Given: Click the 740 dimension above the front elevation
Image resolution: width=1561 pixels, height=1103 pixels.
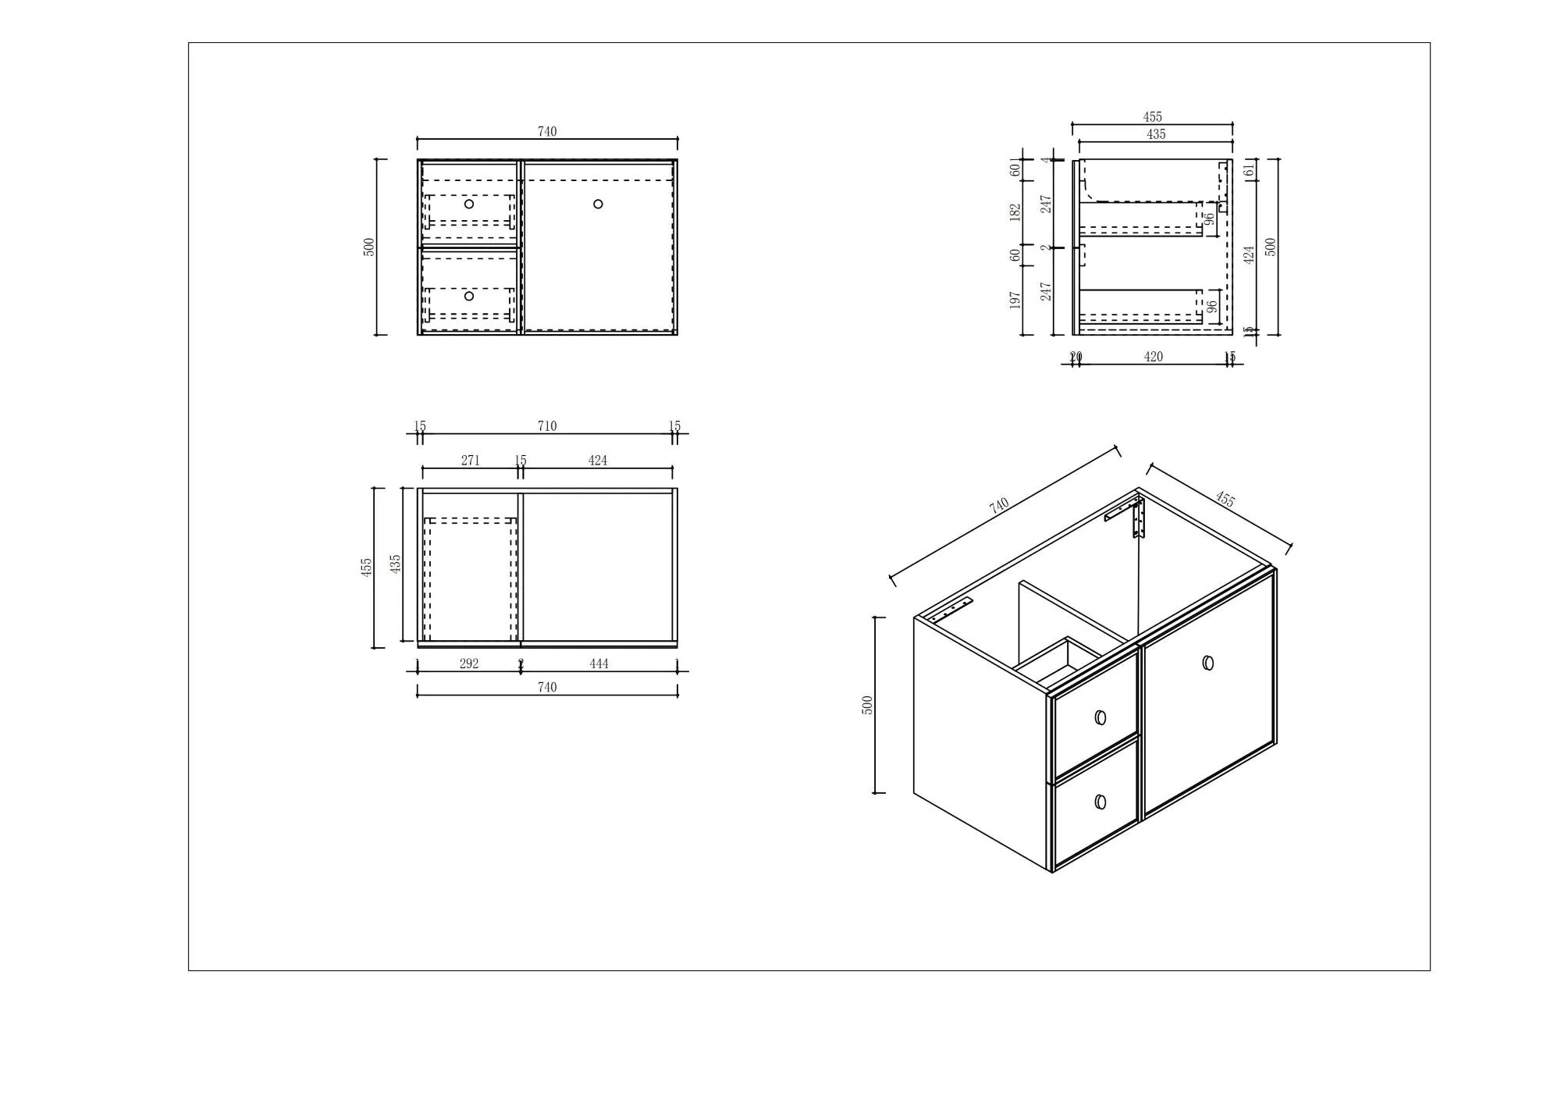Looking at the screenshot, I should click(x=547, y=131).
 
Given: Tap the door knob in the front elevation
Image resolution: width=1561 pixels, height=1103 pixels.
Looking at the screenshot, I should click(x=598, y=204).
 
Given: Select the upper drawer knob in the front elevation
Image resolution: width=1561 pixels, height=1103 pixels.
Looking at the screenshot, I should click(x=469, y=204).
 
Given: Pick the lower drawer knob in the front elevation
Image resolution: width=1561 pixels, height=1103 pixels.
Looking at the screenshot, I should click(x=469, y=296).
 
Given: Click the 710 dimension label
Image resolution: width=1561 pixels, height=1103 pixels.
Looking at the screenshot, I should click(x=547, y=425).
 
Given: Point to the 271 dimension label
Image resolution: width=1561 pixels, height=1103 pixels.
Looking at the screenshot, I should click(x=470, y=460).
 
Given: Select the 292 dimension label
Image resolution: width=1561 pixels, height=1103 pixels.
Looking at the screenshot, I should click(x=469, y=664).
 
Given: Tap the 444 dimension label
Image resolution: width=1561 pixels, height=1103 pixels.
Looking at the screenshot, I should click(x=599, y=664).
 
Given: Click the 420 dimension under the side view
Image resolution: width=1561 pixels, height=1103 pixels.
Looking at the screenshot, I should click(x=1153, y=357).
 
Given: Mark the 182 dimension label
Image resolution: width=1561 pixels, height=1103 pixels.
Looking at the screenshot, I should click(x=1015, y=212).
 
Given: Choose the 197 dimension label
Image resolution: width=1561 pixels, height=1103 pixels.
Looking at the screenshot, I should click(x=1015, y=300).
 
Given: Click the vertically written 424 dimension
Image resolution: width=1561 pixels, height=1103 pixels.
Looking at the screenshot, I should click(x=1249, y=254).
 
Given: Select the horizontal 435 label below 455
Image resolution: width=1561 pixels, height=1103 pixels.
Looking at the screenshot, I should click(x=1156, y=134).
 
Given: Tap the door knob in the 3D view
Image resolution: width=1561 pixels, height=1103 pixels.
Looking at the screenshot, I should click(x=1208, y=663).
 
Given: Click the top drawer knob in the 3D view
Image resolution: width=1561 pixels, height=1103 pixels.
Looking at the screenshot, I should click(x=1101, y=717).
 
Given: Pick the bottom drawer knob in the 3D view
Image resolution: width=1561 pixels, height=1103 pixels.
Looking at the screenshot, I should click(x=1101, y=802).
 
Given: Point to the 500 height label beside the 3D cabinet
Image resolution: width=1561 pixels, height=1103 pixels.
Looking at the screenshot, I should click(x=867, y=705).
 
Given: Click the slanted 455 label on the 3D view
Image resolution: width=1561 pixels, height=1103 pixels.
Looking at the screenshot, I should click(x=1225, y=499).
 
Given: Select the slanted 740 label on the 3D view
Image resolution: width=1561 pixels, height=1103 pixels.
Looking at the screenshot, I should click(x=999, y=505).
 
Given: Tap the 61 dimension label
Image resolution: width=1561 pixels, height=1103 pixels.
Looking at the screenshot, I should click(x=1249, y=169).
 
